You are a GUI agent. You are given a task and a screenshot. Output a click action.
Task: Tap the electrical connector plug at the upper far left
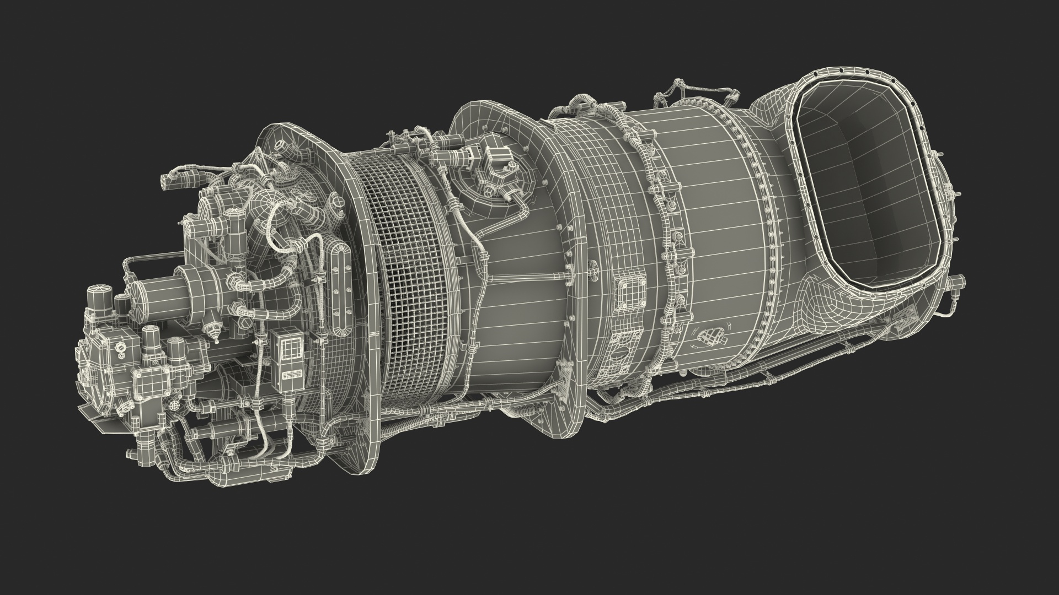click(x=175, y=182)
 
